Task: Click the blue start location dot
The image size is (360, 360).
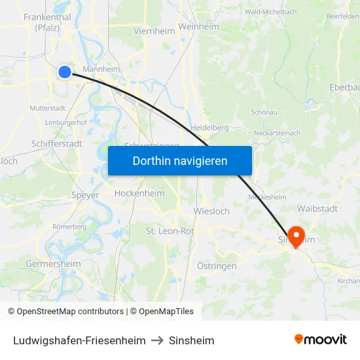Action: (64, 72)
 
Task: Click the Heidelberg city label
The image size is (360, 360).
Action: (209, 128)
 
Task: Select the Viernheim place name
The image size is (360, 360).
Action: (154, 31)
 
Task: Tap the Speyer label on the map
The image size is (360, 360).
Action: (85, 195)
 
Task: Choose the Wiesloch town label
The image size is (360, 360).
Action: (211, 211)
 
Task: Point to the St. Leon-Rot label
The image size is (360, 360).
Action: (170, 230)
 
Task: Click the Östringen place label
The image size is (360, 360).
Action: (217, 266)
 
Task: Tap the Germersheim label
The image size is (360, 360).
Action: (53, 264)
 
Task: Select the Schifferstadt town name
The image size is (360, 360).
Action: (57, 143)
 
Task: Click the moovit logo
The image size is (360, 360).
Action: (320, 339)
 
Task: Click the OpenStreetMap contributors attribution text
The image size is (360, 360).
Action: (70, 312)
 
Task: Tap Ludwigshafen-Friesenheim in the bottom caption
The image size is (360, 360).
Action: (79, 340)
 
